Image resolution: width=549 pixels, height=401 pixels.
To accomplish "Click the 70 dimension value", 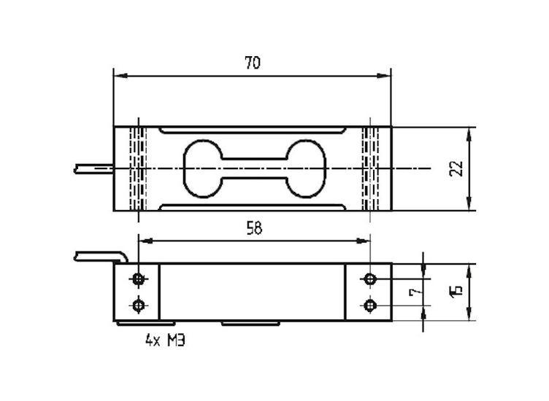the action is tap(253, 63).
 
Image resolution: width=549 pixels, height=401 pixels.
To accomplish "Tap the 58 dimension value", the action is tap(255, 229).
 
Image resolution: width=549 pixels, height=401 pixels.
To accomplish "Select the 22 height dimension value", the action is tap(456, 169).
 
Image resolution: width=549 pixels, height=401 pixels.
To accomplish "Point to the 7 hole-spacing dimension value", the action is tap(415, 292).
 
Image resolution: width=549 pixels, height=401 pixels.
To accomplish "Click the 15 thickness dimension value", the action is tap(456, 292).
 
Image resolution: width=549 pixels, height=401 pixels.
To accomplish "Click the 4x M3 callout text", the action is tap(165, 340).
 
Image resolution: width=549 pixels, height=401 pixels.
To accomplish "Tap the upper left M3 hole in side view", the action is tap(139, 279).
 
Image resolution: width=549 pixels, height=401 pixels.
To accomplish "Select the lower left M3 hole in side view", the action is tap(139, 306).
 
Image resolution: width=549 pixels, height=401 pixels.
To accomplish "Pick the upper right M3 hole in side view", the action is tap(370, 279).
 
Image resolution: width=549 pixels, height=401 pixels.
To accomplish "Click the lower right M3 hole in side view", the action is tap(370, 306).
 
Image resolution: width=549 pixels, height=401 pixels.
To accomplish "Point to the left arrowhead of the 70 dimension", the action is tap(120, 76).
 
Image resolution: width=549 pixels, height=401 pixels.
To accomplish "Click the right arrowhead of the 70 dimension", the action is tap(384, 76).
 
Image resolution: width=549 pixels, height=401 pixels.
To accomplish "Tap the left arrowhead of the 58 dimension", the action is tap(146, 241).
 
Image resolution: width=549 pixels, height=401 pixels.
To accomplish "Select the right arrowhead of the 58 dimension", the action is tap(363, 241).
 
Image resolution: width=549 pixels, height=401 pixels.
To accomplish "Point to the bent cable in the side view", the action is tap(101, 256).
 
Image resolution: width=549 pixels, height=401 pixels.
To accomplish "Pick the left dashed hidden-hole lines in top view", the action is tap(138, 169).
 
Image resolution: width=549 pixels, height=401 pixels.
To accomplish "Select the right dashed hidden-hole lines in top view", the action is tap(370, 169).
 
